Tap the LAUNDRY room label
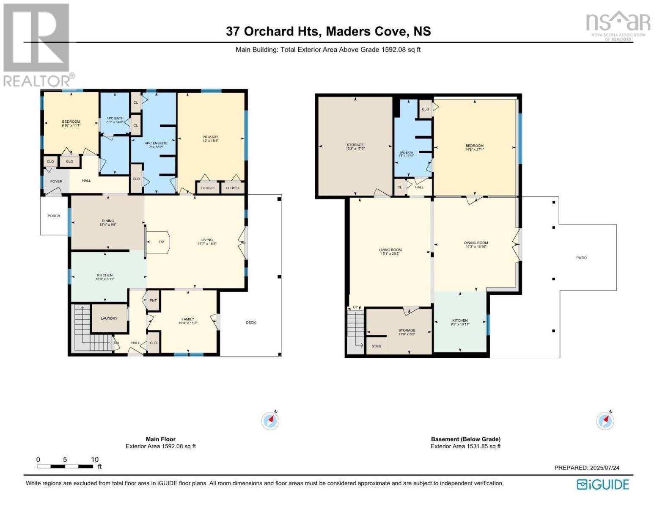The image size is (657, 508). (109, 318)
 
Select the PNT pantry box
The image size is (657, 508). (153, 301)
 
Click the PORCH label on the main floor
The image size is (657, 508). (54, 216)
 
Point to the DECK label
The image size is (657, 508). (251, 323)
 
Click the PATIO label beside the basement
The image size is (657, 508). (582, 258)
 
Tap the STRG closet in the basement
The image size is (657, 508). (376, 346)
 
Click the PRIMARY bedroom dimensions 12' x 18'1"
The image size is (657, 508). (210, 141)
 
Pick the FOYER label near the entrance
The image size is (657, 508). (56, 182)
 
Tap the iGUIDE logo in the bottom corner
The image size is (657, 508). (603, 484)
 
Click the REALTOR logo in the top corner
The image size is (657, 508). (37, 44)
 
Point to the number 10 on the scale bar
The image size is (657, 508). (95, 460)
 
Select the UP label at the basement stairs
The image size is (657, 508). (355, 307)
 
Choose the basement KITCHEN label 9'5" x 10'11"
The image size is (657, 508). (460, 322)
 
